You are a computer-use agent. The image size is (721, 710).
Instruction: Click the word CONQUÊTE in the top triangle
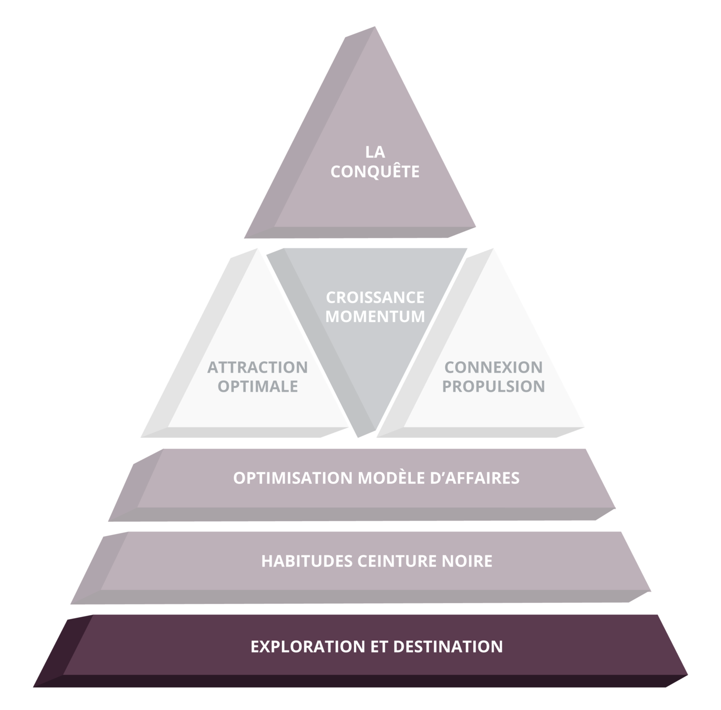point(375,172)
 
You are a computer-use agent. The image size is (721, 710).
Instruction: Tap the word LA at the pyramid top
point(375,152)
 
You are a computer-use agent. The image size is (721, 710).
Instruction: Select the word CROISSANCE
point(375,298)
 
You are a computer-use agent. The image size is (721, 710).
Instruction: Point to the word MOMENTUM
point(375,317)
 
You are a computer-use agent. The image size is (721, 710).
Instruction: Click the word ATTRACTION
point(257,367)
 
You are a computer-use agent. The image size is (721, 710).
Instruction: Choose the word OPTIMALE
point(258,386)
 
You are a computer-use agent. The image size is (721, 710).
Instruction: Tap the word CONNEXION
point(494,367)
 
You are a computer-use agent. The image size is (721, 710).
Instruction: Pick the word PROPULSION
point(494,386)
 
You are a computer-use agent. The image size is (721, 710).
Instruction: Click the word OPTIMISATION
point(293,478)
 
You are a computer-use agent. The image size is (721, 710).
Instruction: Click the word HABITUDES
point(307,561)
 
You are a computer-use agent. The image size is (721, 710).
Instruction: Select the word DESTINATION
point(448,646)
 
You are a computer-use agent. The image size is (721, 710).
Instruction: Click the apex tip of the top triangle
point(374,27)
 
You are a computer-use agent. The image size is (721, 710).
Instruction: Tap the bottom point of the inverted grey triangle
point(359,436)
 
